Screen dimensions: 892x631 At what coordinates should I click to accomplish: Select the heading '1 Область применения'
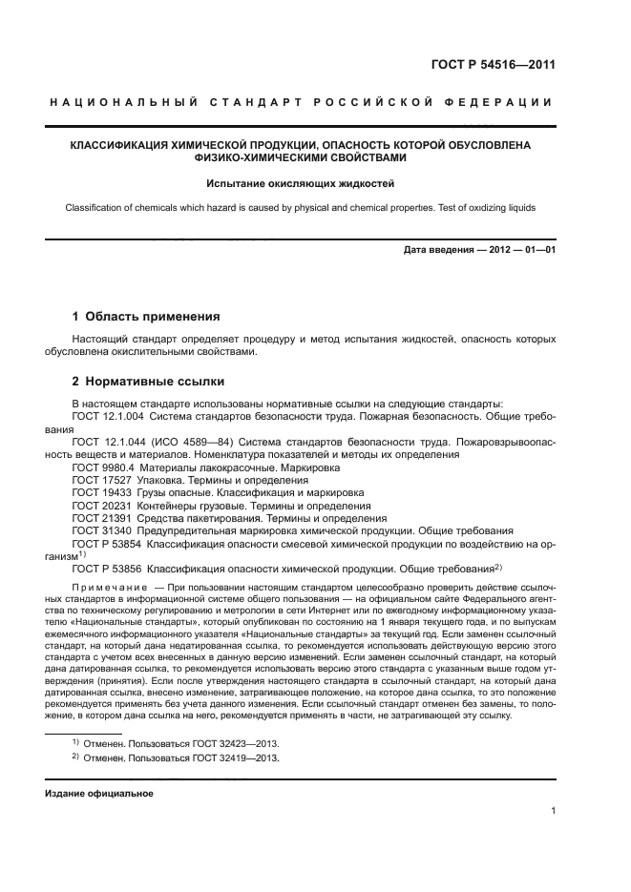click(x=147, y=316)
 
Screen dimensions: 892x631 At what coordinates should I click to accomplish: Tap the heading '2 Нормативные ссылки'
click(x=149, y=382)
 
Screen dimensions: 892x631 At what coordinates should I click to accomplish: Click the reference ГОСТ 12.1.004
click(x=103, y=417)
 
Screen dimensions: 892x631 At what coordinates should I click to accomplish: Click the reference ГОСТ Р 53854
click(x=105, y=542)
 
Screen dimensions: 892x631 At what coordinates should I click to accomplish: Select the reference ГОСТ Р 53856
click(x=105, y=567)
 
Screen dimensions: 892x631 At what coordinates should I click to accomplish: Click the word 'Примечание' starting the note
click(x=110, y=584)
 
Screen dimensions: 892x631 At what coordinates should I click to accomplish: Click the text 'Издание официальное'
click(x=99, y=793)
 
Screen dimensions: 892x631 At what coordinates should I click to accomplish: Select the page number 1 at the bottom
click(x=553, y=812)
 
